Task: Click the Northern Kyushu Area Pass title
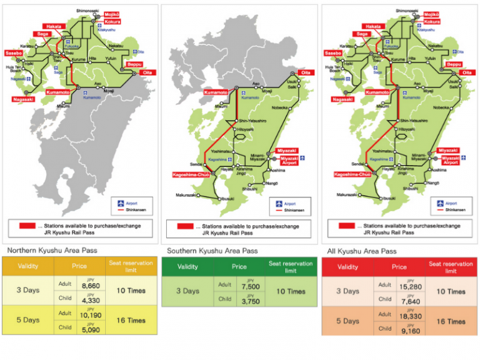(x=47, y=251)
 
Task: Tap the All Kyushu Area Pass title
(x=362, y=251)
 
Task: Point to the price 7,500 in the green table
(x=249, y=287)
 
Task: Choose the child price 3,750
(x=249, y=301)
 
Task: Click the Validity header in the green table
(x=187, y=267)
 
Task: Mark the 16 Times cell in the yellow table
(x=130, y=320)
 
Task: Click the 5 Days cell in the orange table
(x=347, y=321)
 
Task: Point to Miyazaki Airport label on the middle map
(x=288, y=161)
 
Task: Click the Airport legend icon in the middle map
(x=279, y=203)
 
